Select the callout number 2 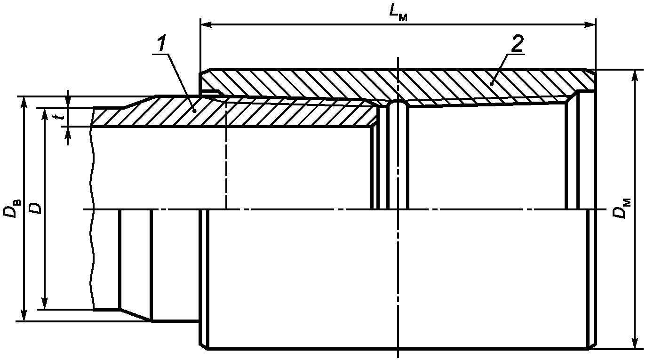point(516,44)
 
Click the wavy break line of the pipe point(93,212)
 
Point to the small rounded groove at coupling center point(398,103)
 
